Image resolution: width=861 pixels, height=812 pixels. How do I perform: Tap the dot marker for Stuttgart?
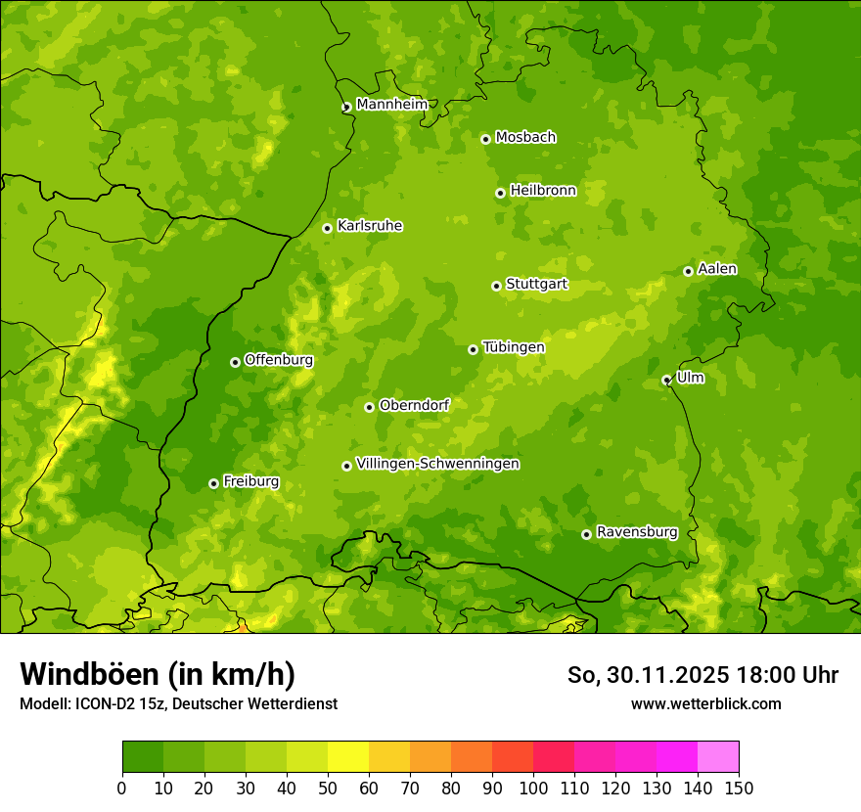[496, 286]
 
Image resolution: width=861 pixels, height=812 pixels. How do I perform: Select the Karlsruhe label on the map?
[370, 226]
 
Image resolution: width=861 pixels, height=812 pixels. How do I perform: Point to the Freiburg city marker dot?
[213, 483]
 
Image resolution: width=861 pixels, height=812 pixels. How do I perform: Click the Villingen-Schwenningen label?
[437, 464]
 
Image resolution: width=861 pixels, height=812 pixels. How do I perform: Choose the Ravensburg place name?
[637, 532]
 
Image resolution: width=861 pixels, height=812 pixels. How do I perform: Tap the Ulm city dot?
[666, 380]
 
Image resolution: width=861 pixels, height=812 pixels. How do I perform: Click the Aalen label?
[717, 269]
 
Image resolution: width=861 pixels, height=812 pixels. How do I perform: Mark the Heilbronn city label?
[543, 191]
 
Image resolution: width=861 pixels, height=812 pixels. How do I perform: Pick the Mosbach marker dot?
[485, 139]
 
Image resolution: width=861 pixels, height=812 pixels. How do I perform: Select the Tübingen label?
[514, 347]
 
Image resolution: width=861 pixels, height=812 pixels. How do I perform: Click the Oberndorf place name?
[415, 405]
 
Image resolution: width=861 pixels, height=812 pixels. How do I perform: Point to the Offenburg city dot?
[235, 362]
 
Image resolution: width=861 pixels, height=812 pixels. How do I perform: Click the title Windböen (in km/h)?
[157, 674]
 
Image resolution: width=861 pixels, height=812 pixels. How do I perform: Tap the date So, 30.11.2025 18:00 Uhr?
[702, 675]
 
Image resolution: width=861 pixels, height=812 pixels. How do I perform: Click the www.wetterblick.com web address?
[705, 703]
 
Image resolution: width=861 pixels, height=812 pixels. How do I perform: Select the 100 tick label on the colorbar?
[533, 788]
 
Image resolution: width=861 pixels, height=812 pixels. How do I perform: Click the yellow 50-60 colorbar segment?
[348, 757]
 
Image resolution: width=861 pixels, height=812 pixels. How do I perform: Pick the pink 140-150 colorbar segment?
[718, 757]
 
